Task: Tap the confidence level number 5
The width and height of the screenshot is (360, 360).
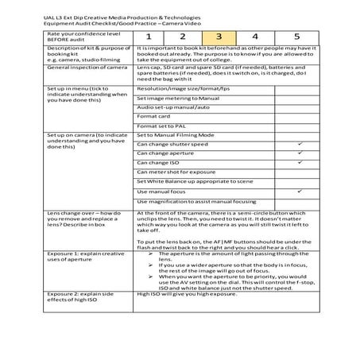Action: point(296,37)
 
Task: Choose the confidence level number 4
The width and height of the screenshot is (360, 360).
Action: point(255,37)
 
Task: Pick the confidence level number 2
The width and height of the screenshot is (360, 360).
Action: point(182,37)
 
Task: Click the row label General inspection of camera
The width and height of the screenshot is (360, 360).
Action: point(87,68)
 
